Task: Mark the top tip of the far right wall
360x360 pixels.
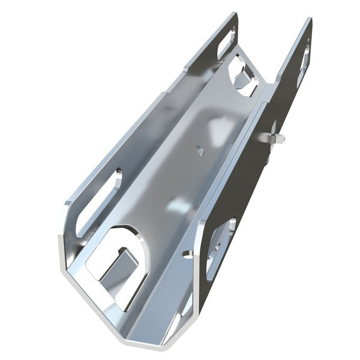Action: (x=310, y=19)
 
